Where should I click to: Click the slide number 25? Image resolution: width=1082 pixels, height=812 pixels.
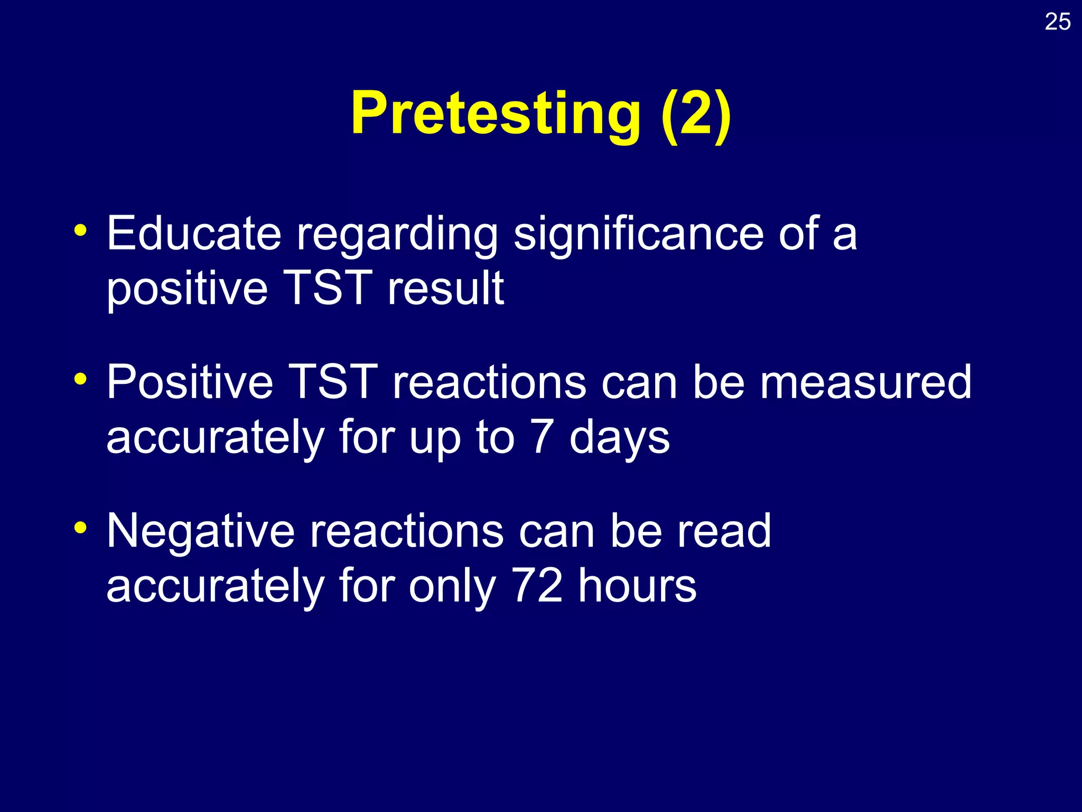(x=1057, y=22)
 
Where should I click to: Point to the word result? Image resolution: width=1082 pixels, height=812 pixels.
(x=445, y=288)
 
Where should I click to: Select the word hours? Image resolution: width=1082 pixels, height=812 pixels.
(x=637, y=586)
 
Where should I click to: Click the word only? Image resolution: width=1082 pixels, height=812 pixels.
(x=452, y=586)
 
